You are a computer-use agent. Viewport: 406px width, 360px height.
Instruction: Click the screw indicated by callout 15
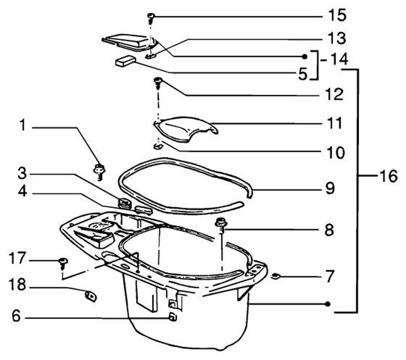tap(151, 15)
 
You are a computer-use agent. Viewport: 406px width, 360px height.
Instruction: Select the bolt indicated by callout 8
tap(222, 224)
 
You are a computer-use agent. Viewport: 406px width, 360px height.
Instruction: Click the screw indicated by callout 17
tap(63, 261)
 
